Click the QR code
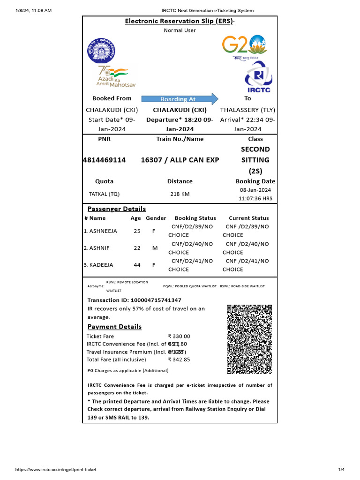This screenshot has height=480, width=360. pos(249,339)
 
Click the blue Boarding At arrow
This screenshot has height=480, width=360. pos(180,99)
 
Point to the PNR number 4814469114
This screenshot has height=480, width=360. pos(104,160)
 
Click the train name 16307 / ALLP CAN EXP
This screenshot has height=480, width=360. pos(180,160)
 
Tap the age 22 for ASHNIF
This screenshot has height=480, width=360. pos(137,248)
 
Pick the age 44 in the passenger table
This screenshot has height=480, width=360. pos(137,265)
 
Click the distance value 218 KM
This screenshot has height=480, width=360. pos(180,194)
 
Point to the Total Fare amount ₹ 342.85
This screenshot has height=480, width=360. pos(179,360)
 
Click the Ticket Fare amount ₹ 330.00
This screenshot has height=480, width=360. pos(179,336)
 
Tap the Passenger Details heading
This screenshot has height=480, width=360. pos(117,209)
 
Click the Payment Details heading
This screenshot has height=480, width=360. pos(114,326)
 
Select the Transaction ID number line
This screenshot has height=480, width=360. pos(135,300)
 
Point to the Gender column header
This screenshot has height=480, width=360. pos(156,218)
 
